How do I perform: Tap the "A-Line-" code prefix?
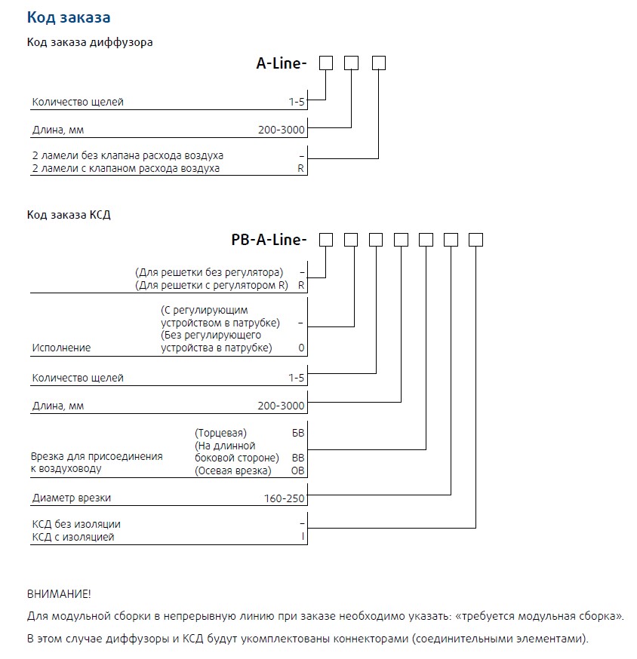(x=282, y=64)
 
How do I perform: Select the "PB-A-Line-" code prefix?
(x=269, y=241)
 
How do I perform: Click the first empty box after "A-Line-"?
(x=326, y=63)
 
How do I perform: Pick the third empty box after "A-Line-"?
(x=379, y=63)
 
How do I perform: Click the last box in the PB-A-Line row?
(x=476, y=240)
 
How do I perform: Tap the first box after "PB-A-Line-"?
(x=326, y=240)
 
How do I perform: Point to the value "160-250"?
(x=288, y=498)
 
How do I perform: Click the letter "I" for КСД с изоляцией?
(x=302, y=538)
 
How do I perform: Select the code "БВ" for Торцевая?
(x=298, y=434)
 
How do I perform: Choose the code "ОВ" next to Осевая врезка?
(x=298, y=471)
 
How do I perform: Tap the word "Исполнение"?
(x=61, y=348)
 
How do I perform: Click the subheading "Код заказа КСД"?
(x=69, y=215)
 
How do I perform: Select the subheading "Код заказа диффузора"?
(x=90, y=42)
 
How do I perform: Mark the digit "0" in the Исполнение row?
(x=302, y=348)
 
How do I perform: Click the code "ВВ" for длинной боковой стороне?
(x=298, y=458)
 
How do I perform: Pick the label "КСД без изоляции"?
(x=76, y=524)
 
